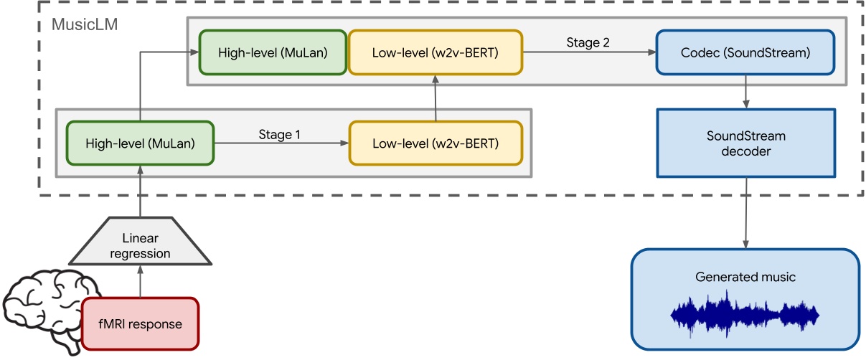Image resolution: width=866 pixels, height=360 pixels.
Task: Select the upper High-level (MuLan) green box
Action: [273, 52]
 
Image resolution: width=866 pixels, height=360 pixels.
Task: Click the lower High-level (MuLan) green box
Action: [140, 143]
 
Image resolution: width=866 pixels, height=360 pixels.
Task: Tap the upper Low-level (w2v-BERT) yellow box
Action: [435, 52]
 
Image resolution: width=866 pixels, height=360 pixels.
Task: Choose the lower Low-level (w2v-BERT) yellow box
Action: [435, 143]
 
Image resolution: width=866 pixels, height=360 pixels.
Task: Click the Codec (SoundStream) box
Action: [746, 52]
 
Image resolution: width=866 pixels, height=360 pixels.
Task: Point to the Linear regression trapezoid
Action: [140, 246]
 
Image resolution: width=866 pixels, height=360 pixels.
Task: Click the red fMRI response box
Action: [140, 323]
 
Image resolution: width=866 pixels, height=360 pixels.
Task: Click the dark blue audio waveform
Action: [744, 314]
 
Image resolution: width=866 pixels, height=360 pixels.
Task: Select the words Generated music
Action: [745, 277]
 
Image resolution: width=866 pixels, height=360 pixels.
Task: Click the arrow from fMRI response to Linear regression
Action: [140, 281]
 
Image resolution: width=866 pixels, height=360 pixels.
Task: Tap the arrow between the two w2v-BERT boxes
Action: [435, 98]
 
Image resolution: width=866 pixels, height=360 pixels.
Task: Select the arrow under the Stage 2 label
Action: [588, 53]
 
